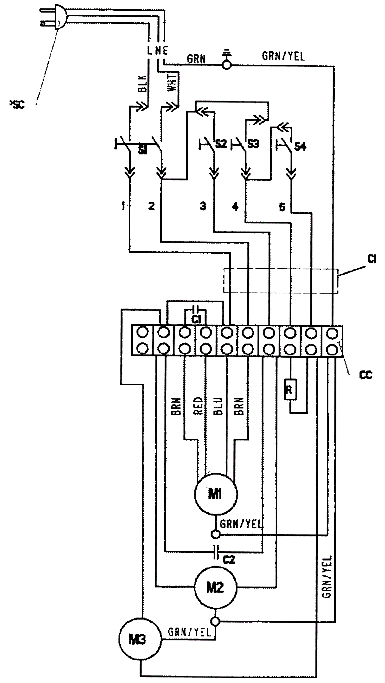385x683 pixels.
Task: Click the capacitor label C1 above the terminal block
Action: (x=196, y=320)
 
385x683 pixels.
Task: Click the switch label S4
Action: (x=300, y=146)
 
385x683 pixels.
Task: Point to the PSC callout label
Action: (x=17, y=105)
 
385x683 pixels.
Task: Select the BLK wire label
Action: (x=142, y=84)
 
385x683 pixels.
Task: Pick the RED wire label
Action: (x=198, y=406)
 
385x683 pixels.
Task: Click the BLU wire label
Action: (x=218, y=406)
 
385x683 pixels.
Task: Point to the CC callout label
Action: (x=366, y=375)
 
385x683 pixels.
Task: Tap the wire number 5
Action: (x=282, y=207)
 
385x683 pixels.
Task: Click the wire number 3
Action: (x=203, y=206)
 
